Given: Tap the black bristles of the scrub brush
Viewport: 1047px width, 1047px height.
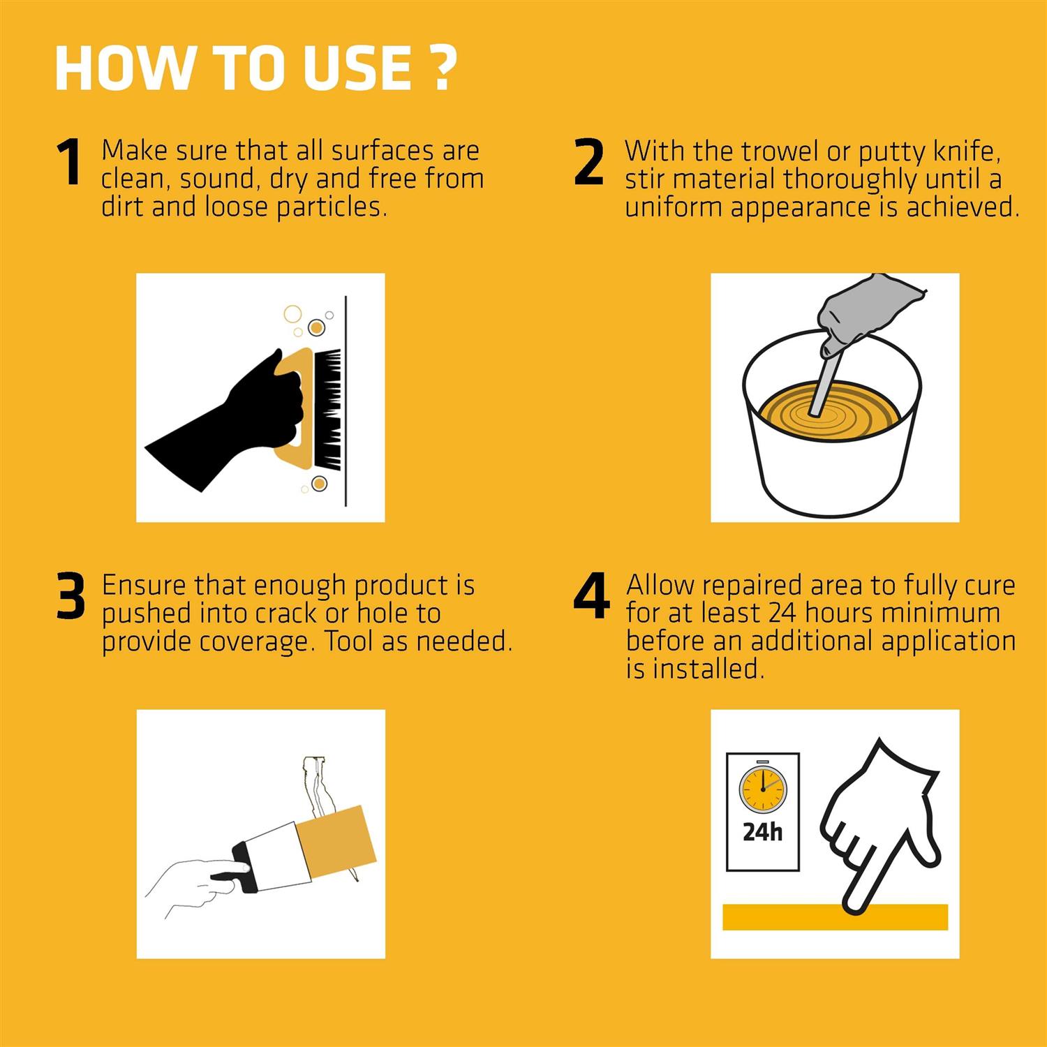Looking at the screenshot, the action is (327, 408).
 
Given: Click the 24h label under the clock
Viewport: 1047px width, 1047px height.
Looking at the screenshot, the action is (762, 832).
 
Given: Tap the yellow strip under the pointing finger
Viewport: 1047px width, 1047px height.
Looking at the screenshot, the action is (835, 916).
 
